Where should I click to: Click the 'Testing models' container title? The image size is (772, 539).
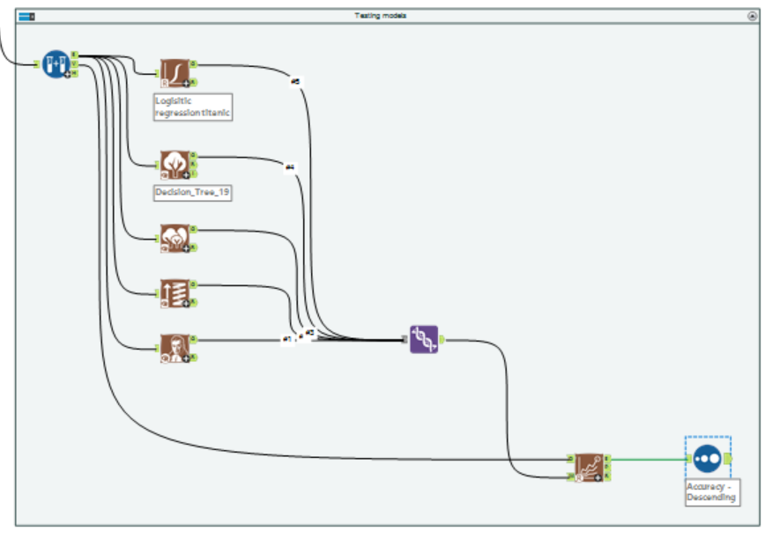[x=380, y=16]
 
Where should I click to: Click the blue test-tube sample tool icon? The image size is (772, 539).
[x=56, y=63]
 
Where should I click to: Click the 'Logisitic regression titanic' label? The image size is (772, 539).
[x=193, y=107]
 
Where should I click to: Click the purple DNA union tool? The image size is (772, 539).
[x=424, y=339]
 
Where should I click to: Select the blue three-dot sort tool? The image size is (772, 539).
[x=707, y=459]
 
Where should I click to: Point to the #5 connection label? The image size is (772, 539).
[x=295, y=82]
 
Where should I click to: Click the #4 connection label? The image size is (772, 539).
[x=289, y=166]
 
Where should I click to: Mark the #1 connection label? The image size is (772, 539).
[x=286, y=339]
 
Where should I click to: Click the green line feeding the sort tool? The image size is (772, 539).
[x=648, y=458]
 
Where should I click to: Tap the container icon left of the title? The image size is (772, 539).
[x=26, y=16]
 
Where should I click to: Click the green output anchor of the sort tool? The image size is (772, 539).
[x=728, y=459]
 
